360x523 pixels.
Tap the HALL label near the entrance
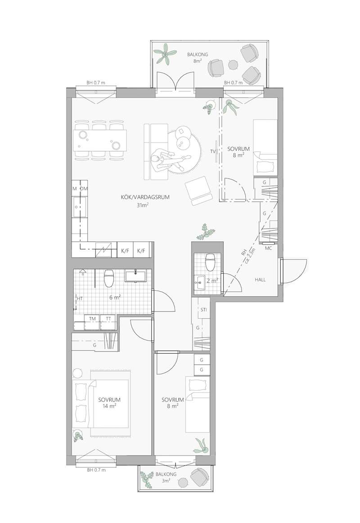(x=261, y=280)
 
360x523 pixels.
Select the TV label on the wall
(x=212, y=151)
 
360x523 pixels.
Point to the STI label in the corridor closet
(x=204, y=310)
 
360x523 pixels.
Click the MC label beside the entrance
(x=268, y=248)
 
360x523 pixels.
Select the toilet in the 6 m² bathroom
(x=109, y=279)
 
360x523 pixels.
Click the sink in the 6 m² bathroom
(x=135, y=276)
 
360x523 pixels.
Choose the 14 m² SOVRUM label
(x=109, y=403)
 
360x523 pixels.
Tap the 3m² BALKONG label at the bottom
(x=166, y=477)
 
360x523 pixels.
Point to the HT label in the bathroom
(x=80, y=298)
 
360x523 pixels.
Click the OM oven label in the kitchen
(x=84, y=189)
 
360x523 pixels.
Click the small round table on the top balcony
(x=232, y=63)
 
